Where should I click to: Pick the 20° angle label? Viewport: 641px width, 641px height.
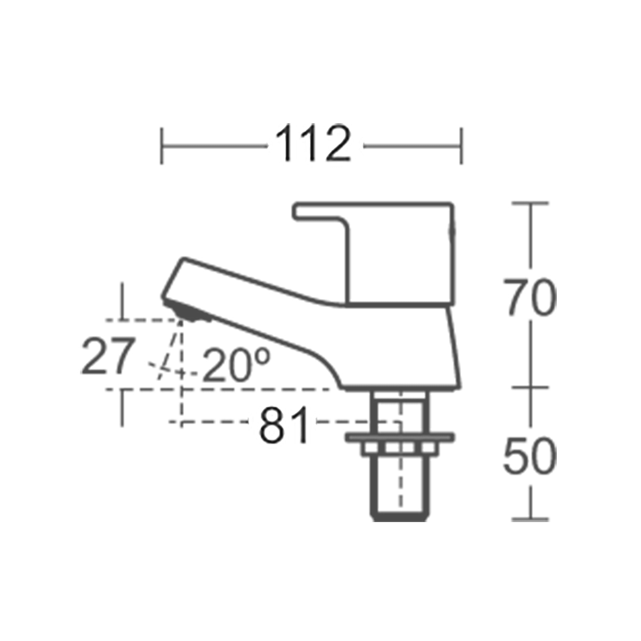click(x=236, y=366)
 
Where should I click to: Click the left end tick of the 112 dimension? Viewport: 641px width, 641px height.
click(x=162, y=146)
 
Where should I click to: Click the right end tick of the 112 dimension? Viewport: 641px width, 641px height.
click(x=461, y=146)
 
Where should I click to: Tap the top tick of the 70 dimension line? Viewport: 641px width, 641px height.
click(x=530, y=203)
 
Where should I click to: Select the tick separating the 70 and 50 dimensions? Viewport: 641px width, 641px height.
click(x=530, y=387)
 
